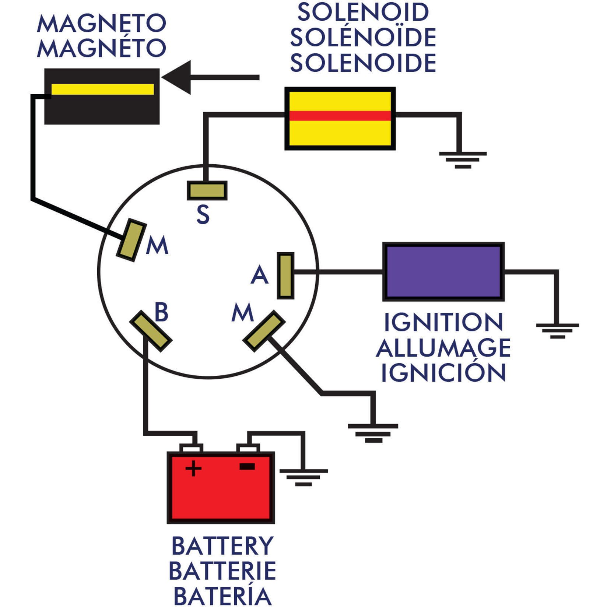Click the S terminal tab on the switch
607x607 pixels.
[x=207, y=191]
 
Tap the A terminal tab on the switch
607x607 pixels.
[x=285, y=275]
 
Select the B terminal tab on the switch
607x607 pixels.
[x=151, y=331]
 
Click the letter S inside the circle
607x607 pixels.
[x=203, y=214]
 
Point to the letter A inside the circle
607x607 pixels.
[x=259, y=275]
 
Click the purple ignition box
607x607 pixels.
[x=443, y=271]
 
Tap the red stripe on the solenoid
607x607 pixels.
[x=340, y=116]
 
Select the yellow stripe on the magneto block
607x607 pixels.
[x=102, y=90]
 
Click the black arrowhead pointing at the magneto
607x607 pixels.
[x=179, y=77]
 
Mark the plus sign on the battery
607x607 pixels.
[x=193, y=469]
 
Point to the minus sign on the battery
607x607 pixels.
[x=247, y=467]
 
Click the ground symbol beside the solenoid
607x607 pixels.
[x=463, y=159]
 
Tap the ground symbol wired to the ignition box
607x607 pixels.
[x=557, y=330]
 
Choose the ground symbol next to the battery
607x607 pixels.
[x=303, y=477]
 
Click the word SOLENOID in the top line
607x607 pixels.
[x=363, y=12]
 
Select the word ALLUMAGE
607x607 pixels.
[x=443, y=348]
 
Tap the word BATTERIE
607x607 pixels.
[x=222, y=571]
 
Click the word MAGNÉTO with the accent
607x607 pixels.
[x=102, y=48]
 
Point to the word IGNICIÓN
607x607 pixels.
[x=443, y=372]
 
